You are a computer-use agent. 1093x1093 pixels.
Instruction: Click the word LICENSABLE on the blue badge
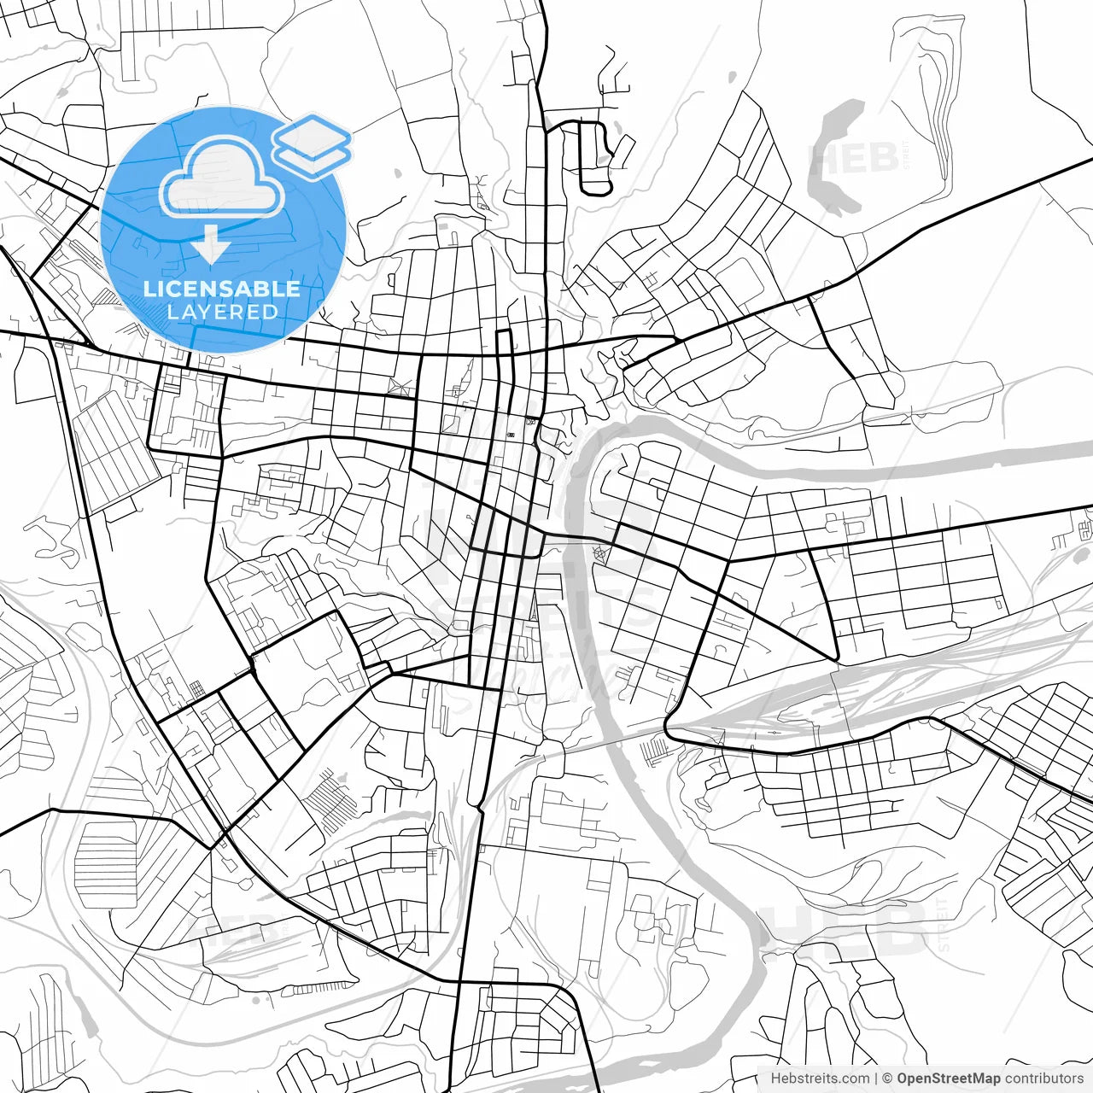click(222, 289)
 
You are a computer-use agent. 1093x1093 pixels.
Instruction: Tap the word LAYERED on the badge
click(222, 313)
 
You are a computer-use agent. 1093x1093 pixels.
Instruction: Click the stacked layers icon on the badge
click(312, 145)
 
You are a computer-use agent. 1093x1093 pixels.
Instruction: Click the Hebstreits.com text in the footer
click(820, 1078)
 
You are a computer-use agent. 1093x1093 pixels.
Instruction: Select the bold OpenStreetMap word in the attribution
click(948, 1078)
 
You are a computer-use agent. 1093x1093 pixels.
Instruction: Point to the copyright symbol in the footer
click(887, 1078)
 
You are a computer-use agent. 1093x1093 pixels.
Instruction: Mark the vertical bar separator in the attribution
click(876, 1078)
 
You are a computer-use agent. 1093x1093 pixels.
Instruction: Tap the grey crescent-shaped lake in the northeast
click(833, 158)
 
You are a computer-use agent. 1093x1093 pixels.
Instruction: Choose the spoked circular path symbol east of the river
click(599, 554)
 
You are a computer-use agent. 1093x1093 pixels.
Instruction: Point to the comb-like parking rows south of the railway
click(656, 750)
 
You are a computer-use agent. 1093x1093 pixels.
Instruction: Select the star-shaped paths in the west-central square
click(395, 386)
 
